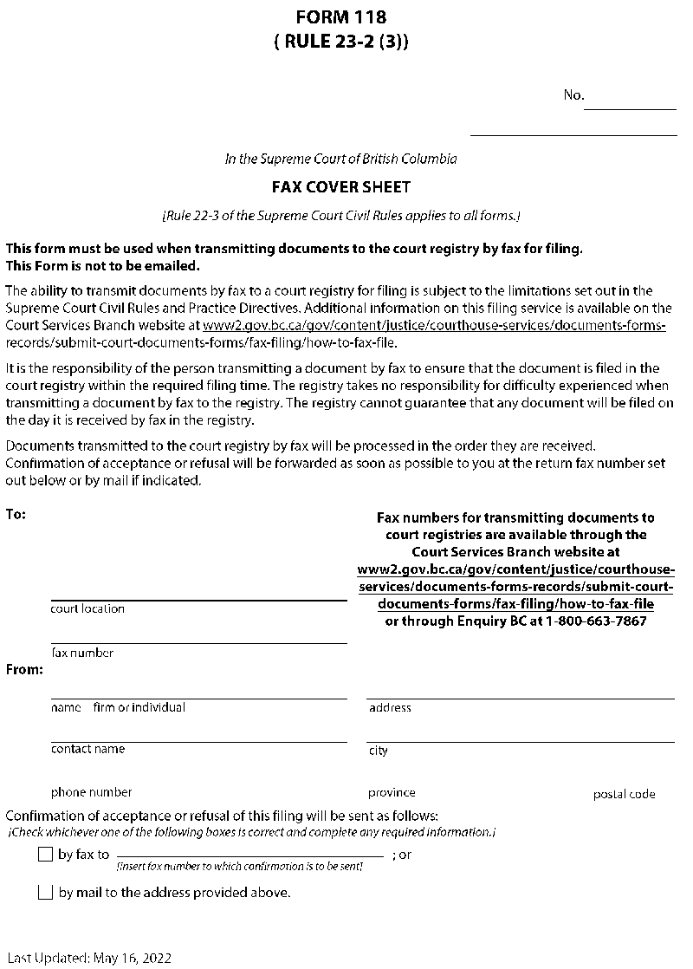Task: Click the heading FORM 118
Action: point(340,16)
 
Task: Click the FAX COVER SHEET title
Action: point(341,186)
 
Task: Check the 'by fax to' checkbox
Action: point(46,855)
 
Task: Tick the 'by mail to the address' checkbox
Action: point(46,893)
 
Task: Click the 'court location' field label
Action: point(87,608)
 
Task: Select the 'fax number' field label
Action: point(82,653)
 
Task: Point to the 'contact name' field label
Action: point(87,749)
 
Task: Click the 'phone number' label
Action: point(92,792)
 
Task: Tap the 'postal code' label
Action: point(624,794)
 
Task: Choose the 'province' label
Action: point(392,792)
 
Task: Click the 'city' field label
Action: point(379,751)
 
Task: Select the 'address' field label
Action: point(390,707)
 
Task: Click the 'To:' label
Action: point(16,514)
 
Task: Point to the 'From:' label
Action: point(24,669)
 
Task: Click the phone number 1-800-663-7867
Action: point(596,621)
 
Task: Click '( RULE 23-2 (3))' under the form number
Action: point(340,40)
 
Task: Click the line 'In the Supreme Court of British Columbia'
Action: point(341,159)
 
